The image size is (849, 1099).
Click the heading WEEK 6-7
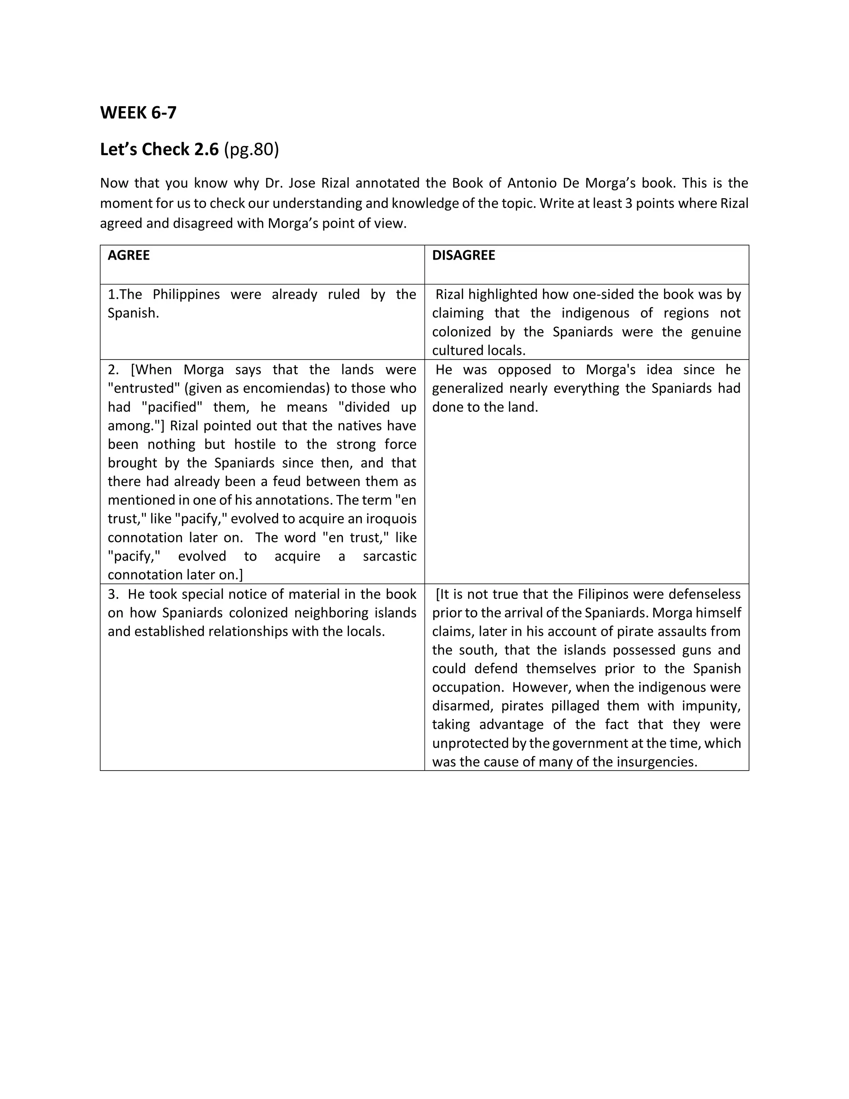138,113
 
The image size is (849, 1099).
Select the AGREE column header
129,255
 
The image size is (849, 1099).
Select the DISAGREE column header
463,255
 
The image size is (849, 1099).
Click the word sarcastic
389,556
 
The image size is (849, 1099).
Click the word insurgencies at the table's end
657,762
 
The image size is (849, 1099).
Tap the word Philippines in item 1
186,294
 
